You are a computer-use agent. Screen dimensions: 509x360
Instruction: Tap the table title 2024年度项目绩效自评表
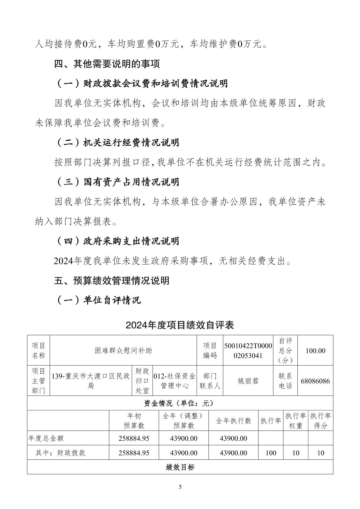(180, 325)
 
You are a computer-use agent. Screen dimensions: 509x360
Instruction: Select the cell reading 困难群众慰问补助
(123, 351)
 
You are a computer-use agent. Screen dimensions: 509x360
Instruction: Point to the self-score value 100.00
(315, 351)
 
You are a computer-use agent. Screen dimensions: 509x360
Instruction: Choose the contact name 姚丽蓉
(248, 381)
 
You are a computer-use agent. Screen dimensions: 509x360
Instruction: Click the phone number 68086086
(315, 381)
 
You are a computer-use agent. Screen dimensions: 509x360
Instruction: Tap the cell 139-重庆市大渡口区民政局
(91, 381)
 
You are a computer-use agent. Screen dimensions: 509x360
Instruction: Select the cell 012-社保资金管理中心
(174, 381)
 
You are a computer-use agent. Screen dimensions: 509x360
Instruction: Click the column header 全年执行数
(233, 421)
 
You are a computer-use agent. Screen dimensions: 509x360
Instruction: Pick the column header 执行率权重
(296, 421)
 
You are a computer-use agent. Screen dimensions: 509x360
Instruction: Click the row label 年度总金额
(46, 438)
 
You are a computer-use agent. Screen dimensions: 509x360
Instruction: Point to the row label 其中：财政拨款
(60, 453)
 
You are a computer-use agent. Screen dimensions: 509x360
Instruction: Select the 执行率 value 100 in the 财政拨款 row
(271, 453)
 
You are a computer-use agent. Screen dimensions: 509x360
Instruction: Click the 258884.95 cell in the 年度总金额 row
(134, 438)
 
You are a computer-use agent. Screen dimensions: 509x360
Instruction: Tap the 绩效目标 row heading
(180, 467)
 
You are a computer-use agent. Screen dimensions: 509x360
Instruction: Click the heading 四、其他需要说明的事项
(107, 64)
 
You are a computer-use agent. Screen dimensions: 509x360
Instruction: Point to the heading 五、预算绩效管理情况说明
(112, 281)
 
